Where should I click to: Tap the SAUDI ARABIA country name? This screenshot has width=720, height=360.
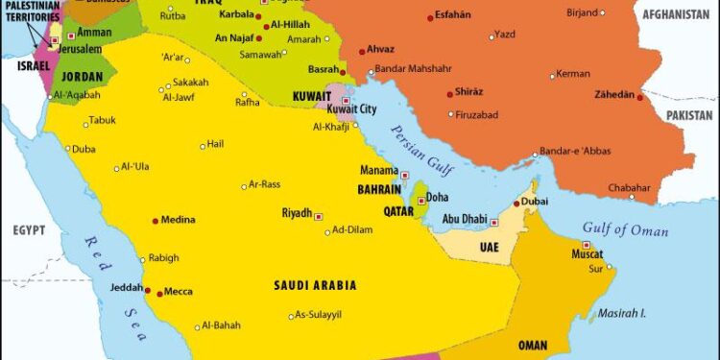point(315,285)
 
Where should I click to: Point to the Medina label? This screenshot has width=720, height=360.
point(179,220)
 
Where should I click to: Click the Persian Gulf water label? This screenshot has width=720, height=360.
point(428,153)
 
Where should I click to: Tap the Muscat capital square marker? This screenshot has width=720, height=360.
point(586,245)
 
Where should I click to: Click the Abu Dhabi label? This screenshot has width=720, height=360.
point(464,219)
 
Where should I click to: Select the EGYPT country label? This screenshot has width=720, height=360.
point(30,231)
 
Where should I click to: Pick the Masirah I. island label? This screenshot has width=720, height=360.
point(624,313)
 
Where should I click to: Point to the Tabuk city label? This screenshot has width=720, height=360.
point(102,120)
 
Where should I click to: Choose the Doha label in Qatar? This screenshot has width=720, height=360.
point(437,197)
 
